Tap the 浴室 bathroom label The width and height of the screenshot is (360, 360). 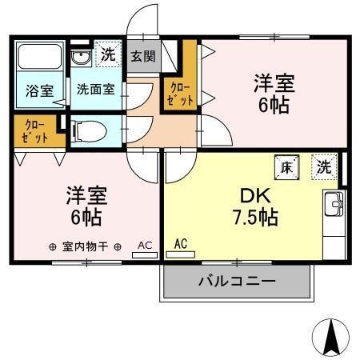tap(39, 90)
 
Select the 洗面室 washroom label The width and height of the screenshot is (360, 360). tap(95, 90)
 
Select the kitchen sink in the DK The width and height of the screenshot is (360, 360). tap(332, 206)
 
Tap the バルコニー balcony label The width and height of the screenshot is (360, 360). tap(236, 282)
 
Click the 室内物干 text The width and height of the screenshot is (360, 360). tap(84, 246)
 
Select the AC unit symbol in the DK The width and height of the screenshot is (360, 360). tap(181, 254)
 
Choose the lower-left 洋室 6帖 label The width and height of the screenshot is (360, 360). tap(86, 206)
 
